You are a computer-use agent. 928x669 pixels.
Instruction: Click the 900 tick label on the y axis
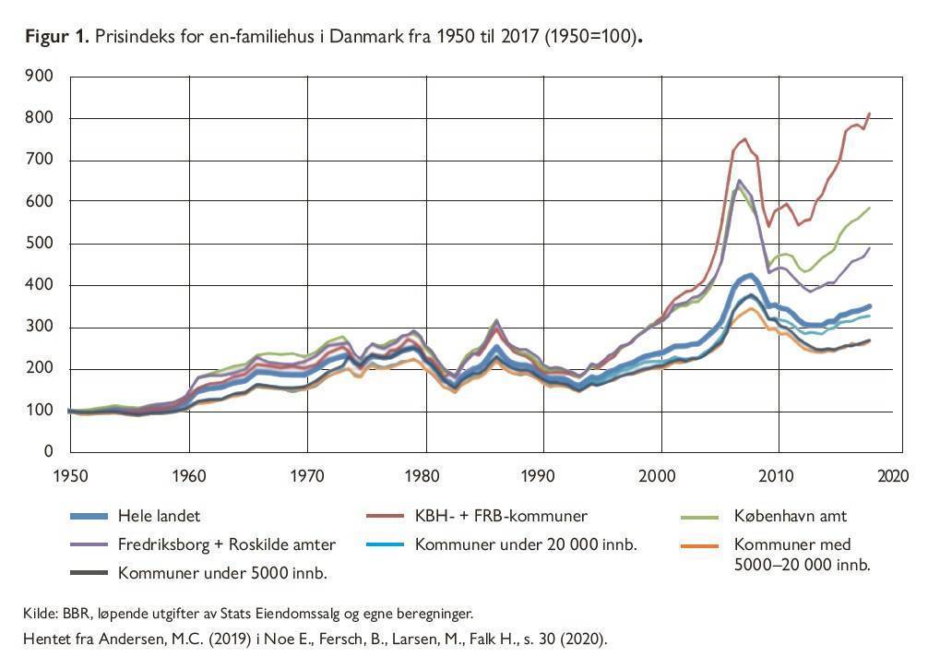click(42, 77)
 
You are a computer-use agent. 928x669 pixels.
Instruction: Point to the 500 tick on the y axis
click(42, 244)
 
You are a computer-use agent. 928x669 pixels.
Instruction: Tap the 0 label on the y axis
click(49, 452)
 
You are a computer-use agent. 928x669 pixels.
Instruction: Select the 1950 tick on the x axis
click(71, 476)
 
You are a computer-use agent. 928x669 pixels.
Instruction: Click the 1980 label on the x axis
click(423, 476)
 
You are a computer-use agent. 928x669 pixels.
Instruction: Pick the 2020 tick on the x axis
click(893, 476)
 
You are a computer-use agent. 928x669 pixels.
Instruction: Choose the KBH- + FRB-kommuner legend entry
click(501, 515)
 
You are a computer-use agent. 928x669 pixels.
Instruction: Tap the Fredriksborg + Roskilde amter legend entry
click(227, 544)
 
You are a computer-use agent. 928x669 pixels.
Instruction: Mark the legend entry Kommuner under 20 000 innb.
click(526, 544)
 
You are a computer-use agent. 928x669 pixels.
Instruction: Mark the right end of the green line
click(870, 209)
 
